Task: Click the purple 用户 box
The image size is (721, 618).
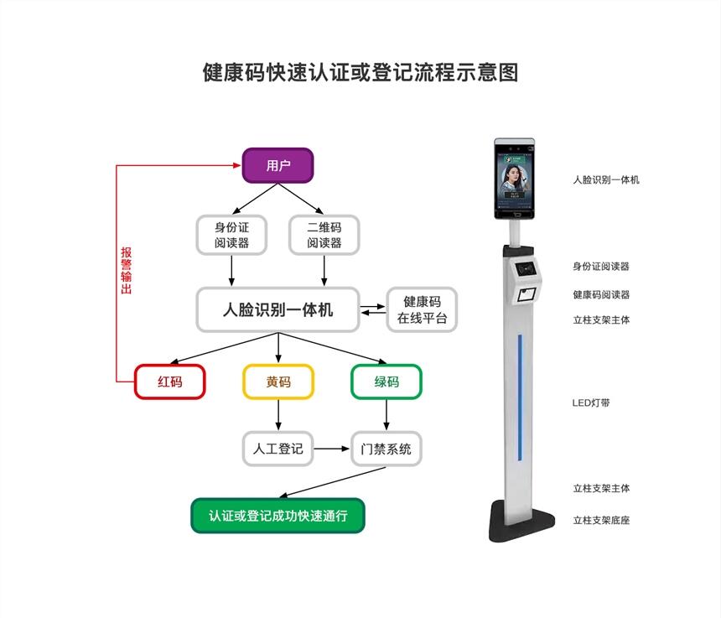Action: coord(278,166)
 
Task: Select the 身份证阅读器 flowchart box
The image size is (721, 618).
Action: coord(232,235)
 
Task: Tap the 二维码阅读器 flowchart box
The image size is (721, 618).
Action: coord(324,235)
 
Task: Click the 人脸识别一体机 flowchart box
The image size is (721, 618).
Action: coord(278,309)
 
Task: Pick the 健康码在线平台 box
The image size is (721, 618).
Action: coord(423,309)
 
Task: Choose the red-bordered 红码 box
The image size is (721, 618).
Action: coord(169,382)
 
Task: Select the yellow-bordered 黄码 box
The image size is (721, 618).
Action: coord(278,382)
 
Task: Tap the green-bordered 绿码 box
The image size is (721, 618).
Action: coord(386,382)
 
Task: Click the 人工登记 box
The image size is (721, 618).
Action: coord(278,449)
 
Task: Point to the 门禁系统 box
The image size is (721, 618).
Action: coord(386,449)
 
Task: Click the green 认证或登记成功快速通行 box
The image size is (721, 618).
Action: coord(278,516)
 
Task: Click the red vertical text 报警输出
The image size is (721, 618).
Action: coord(127,271)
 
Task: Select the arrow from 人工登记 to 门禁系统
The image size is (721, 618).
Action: coord(332,449)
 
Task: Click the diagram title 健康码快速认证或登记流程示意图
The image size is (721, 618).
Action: coord(360,72)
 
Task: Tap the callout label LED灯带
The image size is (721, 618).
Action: coord(591,402)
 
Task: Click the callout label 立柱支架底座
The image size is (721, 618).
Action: coord(601,520)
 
